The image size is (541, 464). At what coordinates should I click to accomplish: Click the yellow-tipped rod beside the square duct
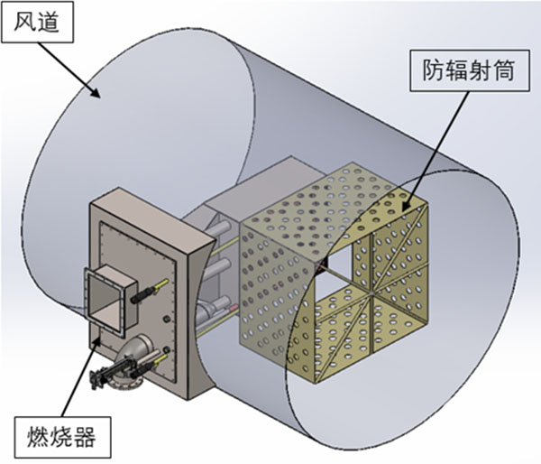pos(149,294)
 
